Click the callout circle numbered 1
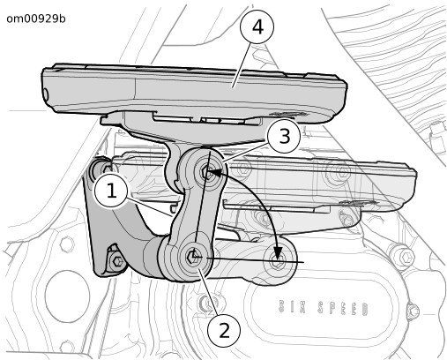click(111, 191)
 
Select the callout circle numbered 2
click(224, 330)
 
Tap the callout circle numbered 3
click(284, 137)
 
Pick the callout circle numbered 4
click(257, 27)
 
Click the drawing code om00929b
click(36, 19)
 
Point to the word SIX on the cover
click(293, 307)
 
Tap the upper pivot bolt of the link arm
click(207, 172)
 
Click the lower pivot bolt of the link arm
click(193, 257)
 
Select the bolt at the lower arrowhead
click(278, 259)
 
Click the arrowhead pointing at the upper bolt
click(213, 172)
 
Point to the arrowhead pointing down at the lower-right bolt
click(277, 253)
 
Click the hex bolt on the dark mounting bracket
click(117, 260)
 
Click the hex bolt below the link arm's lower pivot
click(207, 303)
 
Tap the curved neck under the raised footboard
click(174, 166)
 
